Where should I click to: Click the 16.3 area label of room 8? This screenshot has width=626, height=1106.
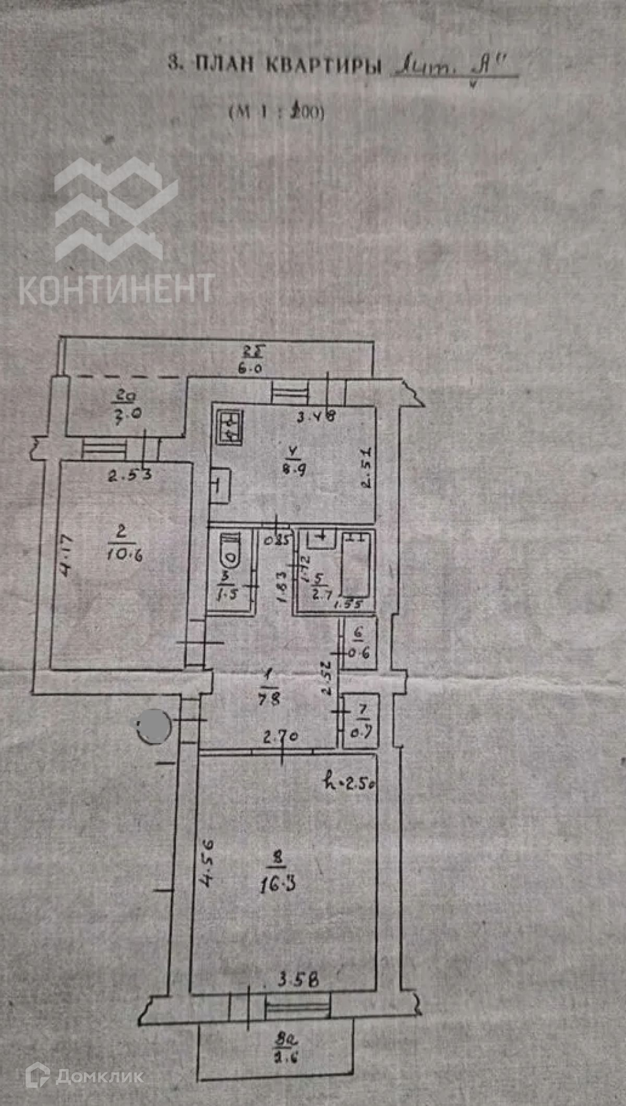278,884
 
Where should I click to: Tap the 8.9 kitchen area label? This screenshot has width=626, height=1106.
294,468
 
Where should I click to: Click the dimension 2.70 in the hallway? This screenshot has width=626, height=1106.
280,737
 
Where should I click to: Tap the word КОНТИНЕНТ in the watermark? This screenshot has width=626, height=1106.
116,288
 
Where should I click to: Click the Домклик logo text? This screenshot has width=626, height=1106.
99,1075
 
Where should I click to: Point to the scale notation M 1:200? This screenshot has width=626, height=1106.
276,112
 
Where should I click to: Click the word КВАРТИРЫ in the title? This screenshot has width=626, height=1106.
324,65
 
